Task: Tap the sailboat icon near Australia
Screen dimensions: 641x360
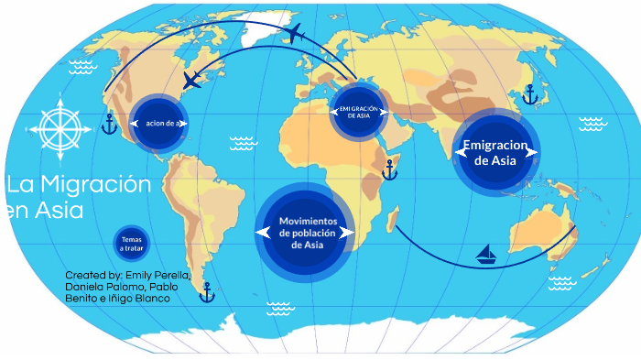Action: tap(486, 253)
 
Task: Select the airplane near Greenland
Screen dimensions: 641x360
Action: tap(294, 35)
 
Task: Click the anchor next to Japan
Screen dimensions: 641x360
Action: tap(529, 93)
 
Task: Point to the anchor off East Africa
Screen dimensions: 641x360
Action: tap(389, 169)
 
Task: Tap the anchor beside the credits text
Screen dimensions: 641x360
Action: tap(206, 292)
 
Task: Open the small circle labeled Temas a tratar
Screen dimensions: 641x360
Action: tap(131, 244)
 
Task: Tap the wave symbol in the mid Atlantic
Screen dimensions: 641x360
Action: tap(243, 142)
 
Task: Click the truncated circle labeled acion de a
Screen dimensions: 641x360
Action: tap(159, 123)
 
